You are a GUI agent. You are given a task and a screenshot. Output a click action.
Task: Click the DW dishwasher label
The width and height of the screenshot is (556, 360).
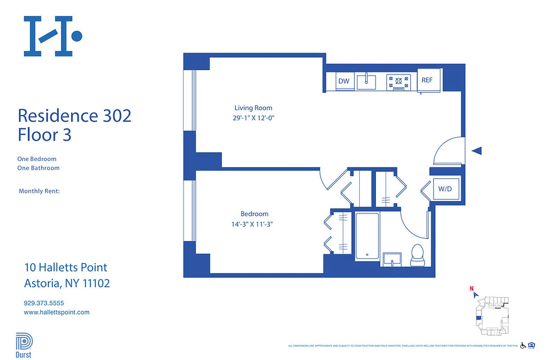coord(344,81)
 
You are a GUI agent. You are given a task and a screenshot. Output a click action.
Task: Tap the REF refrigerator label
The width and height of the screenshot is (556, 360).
coord(427,80)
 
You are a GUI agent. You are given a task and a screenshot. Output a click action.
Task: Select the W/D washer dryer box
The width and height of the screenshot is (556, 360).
coord(445,189)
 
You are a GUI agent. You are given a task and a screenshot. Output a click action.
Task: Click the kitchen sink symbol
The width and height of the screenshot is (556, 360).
coord(366,82)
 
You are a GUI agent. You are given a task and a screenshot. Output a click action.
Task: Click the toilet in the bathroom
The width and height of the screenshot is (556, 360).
coord(417,255)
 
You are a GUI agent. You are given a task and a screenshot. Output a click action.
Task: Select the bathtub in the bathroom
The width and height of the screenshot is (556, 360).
coord(367,236)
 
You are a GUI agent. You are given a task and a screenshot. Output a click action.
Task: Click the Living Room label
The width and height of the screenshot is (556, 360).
coord(253,108)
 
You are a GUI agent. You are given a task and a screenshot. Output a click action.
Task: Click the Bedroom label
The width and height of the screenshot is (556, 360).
coord(254,214)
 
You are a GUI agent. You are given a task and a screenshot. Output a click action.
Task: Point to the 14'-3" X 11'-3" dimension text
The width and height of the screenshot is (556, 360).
coord(254,224)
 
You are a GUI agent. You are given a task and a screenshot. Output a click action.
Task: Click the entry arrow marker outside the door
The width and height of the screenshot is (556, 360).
coord(477,151)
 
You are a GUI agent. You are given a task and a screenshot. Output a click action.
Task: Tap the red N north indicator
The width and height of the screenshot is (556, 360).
coord(471,289)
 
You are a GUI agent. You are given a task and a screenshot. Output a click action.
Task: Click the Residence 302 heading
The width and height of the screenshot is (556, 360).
coord(74,116)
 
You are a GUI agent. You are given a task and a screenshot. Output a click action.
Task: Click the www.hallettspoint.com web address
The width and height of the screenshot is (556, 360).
coord(56,312)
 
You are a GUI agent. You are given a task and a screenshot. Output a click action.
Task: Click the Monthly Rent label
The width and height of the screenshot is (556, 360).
coord(39,191)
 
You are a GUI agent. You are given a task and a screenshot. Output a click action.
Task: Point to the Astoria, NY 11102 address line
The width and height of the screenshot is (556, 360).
coord(67,283)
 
